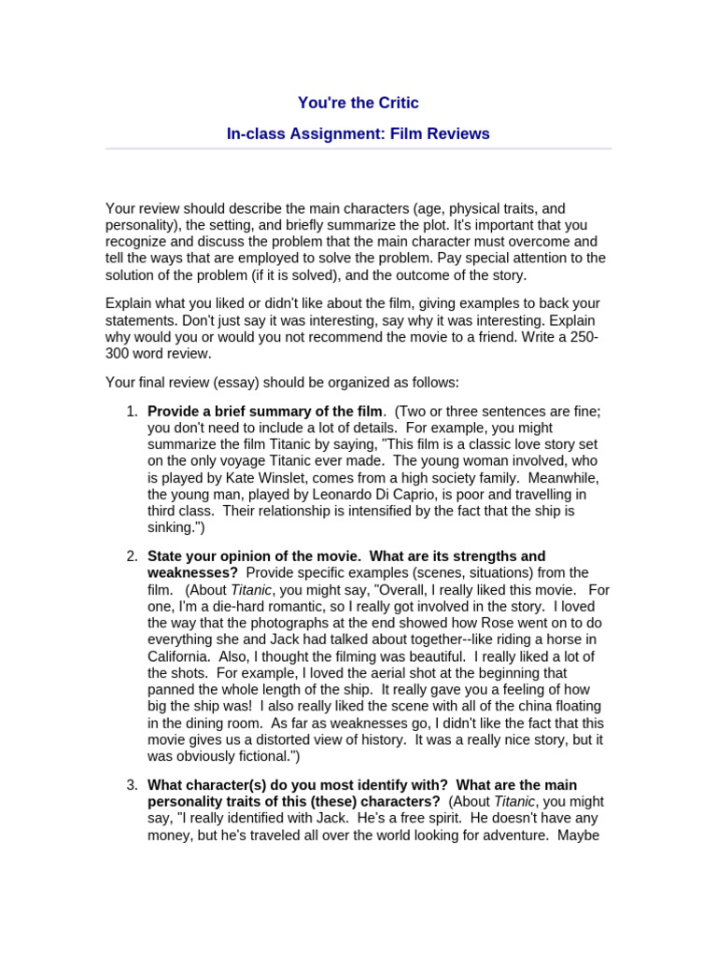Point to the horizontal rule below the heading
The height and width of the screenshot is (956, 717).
click(358, 148)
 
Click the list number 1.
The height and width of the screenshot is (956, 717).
click(132, 412)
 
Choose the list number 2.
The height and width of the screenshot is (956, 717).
click(132, 556)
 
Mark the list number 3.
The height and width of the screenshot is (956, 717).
click(132, 785)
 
